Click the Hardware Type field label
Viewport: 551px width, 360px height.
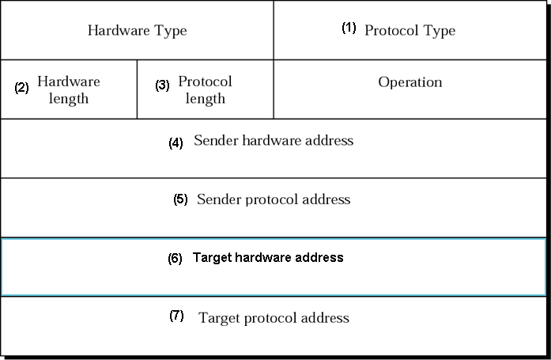click(137, 31)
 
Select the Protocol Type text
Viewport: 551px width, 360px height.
click(409, 31)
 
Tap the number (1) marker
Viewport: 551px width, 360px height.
click(349, 28)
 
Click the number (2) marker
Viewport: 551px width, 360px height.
click(21, 88)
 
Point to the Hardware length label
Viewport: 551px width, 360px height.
click(69, 89)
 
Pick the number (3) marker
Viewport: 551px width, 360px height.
click(162, 85)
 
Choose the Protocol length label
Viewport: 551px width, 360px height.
click(205, 89)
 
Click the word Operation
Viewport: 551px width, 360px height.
click(409, 82)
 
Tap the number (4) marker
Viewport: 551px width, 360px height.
click(175, 143)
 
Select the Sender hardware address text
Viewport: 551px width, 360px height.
click(274, 141)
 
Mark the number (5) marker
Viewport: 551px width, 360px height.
click(180, 199)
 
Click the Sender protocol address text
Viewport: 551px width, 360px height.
click(274, 199)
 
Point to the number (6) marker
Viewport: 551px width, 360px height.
click(175, 259)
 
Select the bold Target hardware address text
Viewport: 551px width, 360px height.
click(268, 257)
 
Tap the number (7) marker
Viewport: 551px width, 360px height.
click(176, 316)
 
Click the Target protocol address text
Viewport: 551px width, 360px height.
click(274, 318)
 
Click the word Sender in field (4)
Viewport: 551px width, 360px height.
click(214, 141)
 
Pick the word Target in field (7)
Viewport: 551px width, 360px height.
click(218, 318)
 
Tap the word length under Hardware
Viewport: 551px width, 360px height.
click(69, 99)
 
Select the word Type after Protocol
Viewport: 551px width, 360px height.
click(439, 31)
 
